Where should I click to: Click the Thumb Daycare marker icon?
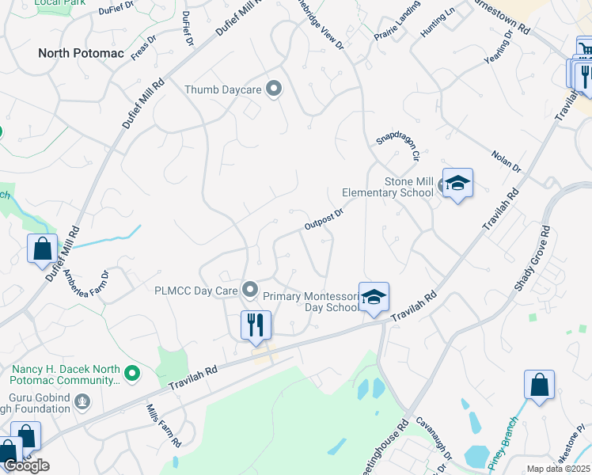pyautogui.click(x=274, y=89)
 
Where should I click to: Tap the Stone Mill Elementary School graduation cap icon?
pyautogui.click(x=457, y=184)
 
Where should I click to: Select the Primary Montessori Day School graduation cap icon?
pyautogui.click(x=374, y=298)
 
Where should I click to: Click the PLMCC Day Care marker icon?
pyautogui.click(x=251, y=290)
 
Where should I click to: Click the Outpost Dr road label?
pyautogui.click(x=323, y=219)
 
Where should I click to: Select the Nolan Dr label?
pyautogui.click(x=507, y=161)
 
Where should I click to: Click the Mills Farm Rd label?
pyautogui.click(x=165, y=424)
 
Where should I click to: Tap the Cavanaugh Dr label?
pyautogui.click(x=434, y=439)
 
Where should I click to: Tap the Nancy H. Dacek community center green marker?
pyautogui.click(x=132, y=371)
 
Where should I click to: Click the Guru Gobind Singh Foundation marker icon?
pyautogui.click(x=81, y=402)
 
